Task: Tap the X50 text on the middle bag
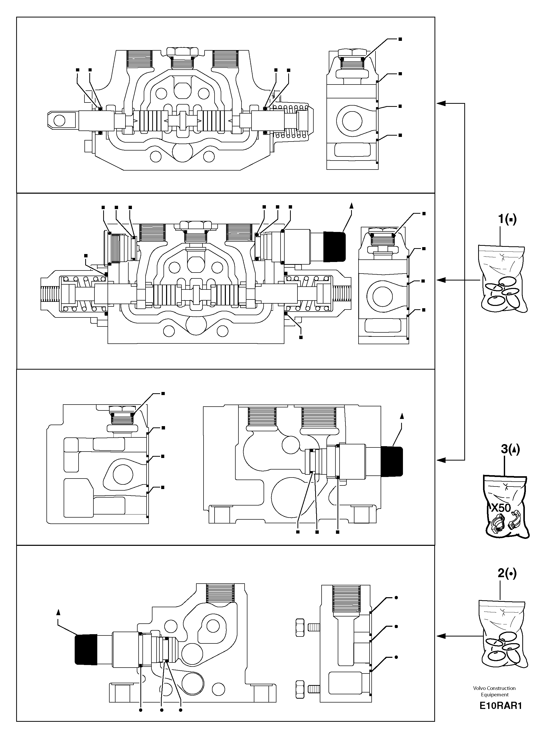click(x=501, y=508)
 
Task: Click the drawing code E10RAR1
click(x=500, y=706)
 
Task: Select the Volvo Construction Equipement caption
click(x=494, y=691)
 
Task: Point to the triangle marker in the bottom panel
click(x=59, y=612)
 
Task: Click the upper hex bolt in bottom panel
click(x=300, y=626)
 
